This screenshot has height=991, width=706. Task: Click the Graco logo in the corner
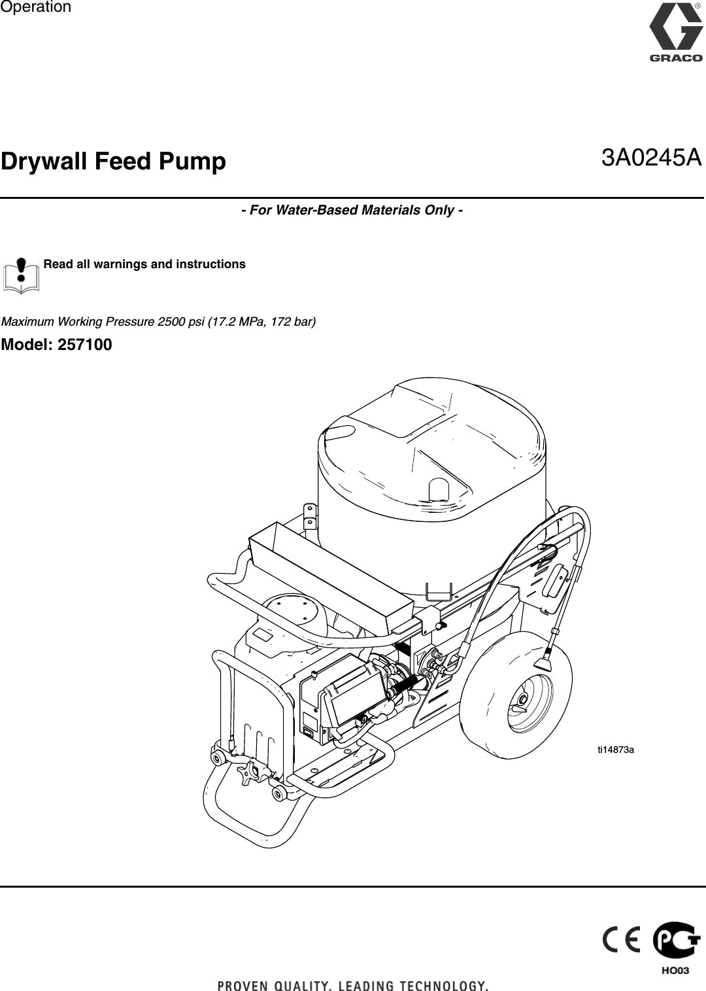(x=675, y=33)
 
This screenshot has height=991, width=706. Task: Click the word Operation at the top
(x=36, y=7)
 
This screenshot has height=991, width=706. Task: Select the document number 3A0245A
(x=651, y=158)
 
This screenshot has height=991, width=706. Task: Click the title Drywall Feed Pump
(x=114, y=161)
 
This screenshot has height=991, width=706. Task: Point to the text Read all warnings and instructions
(x=144, y=264)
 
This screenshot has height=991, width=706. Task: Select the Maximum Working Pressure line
(x=159, y=322)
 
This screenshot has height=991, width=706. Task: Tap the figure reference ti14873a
(x=616, y=750)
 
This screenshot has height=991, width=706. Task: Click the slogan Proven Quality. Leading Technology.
(x=353, y=985)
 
